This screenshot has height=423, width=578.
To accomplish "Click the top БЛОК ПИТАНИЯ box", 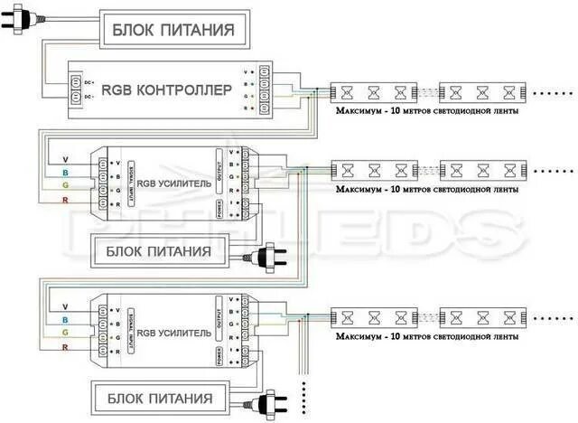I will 172,29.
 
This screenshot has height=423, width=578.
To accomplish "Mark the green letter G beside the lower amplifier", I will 64,334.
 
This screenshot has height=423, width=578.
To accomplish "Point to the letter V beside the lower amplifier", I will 64,307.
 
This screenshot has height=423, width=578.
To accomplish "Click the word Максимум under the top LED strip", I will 358,113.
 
